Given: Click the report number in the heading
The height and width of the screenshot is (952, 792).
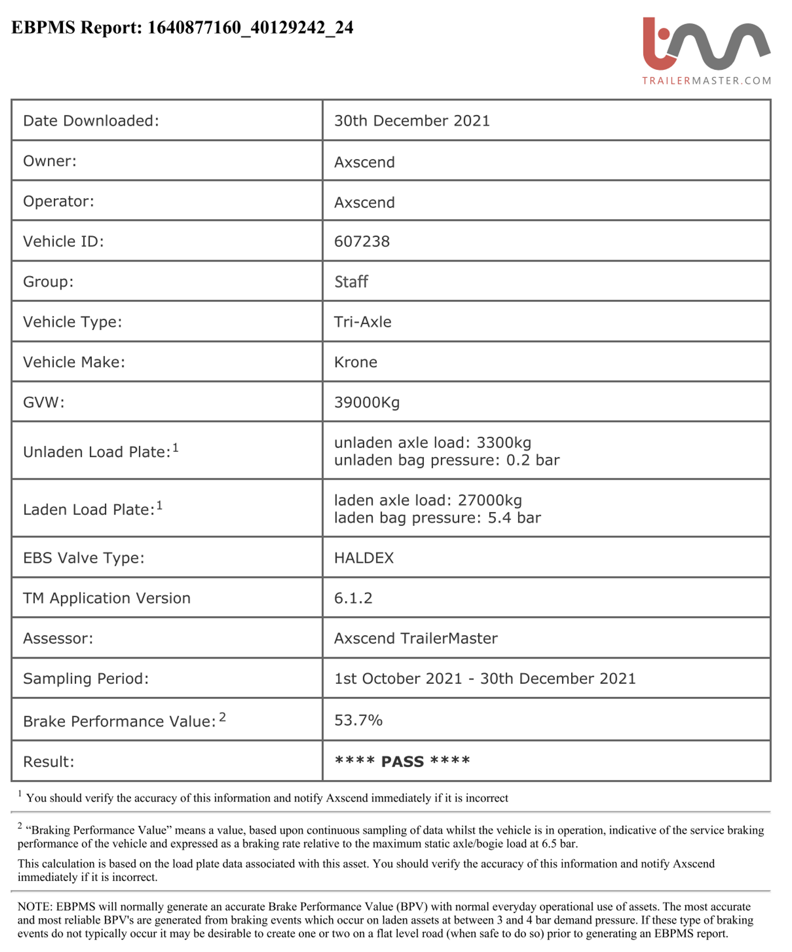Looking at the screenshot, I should (x=250, y=27).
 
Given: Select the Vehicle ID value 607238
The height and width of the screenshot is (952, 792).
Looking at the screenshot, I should (x=362, y=241).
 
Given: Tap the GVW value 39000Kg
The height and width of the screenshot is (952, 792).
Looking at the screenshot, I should (x=366, y=402).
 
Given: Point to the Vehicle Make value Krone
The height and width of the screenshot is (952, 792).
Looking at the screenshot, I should (x=355, y=362).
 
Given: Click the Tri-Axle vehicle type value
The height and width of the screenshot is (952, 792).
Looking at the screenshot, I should (x=362, y=322).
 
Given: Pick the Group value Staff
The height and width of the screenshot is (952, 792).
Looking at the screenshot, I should (x=351, y=282).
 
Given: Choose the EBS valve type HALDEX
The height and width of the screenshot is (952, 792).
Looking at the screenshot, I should (x=364, y=558).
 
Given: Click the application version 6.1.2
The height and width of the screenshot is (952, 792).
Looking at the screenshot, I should (x=353, y=598).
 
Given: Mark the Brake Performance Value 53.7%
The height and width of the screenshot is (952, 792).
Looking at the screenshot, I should (x=358, y=720).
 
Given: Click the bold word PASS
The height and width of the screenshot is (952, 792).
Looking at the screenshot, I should (x=402, y=761).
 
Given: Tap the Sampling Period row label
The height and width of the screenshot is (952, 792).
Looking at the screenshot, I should (x=85, y=679).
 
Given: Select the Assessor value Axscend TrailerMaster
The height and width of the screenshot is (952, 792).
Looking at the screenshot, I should (x=415, y=638).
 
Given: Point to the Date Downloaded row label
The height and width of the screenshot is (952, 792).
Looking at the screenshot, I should (x=91, y=121).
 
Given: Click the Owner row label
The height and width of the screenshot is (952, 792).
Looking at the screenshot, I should (x=49, y=161).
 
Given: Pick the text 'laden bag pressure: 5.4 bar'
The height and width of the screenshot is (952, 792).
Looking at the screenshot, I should (x=437, y=518).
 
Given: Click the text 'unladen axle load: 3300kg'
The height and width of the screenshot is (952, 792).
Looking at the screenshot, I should (x=432, y=443).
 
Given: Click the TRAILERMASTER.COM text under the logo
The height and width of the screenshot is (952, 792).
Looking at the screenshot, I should (x=706, y=81).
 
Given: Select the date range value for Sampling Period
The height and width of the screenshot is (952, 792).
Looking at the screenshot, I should (x=484, y=679).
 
